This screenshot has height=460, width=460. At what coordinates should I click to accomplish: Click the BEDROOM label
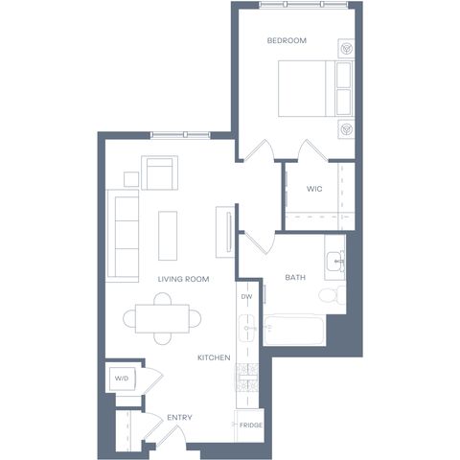coord(287,40)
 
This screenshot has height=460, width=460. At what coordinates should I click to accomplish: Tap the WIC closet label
coord(314,189)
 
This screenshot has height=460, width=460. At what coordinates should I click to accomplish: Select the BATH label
coord(295,277)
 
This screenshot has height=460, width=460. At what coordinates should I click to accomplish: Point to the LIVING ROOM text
coord(183,279)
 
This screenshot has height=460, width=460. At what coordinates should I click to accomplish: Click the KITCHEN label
coord(214,357)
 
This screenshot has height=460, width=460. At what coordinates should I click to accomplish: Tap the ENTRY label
coord(179,418)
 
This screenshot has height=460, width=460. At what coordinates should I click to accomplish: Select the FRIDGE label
coord(251,425)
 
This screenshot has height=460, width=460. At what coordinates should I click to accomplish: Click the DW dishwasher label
coord(246,297)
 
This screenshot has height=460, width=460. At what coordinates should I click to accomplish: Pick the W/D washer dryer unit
coord(123,379)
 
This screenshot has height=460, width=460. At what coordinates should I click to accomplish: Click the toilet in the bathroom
coord(333,295)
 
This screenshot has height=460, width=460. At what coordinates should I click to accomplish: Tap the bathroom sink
coord(335,262)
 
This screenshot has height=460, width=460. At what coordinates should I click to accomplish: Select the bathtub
coord(294,330)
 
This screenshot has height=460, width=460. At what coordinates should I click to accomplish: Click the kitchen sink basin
coord(247,328)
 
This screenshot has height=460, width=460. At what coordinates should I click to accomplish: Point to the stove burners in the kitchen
coord(246,378)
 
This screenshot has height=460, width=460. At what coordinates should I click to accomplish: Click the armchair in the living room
coord(159,172)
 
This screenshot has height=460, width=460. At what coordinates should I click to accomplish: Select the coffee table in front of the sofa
coord(168,236)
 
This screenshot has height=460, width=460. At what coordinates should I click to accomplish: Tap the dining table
coord(162,319)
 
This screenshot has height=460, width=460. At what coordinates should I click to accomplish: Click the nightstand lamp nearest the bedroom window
coord(346,49)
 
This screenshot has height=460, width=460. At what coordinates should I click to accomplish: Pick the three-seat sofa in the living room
coord(123,236)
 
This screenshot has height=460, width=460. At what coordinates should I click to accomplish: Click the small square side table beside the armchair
coord(131,179)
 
